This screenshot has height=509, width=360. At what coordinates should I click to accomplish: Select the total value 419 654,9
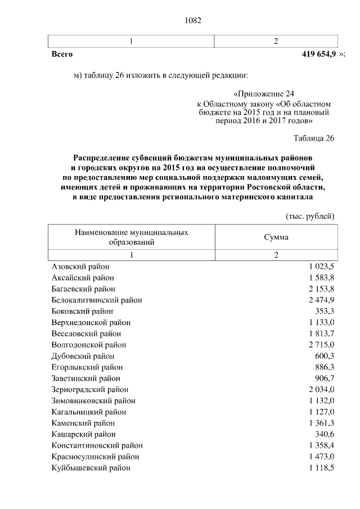pyautogui.click(x=319, y=55)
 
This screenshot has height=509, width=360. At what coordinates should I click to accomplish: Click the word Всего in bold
pyautogui.click(x=62, y=55)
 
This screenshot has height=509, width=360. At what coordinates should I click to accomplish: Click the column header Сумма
pyautogui.click(x=276, y=237)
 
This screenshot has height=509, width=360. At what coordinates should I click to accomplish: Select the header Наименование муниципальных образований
pyautogui.click(x=131, y=237)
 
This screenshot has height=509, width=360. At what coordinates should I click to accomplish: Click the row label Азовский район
pyautogui.click(x=80, y=267)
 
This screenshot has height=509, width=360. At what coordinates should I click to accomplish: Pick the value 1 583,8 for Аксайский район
pyautogui.click(x=321, y=278)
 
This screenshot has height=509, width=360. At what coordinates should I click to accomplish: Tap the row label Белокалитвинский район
pyautogui.click(x=96, y=300)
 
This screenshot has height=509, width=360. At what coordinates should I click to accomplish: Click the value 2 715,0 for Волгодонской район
pyautogui.click(x=321, y=345)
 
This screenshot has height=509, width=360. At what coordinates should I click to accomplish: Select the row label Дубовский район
pyautogui.click(x=83, y=356)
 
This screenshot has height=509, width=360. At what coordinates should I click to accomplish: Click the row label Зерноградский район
pyautogui.click(x=90, y=389)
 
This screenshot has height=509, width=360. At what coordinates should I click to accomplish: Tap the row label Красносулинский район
pyautogui.click(x=95, y=457)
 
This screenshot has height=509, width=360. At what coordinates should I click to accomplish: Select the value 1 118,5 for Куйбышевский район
pyautogui.click(x=321, y=468)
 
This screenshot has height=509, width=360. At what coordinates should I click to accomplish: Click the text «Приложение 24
pyautogui.click(x=263, y=95)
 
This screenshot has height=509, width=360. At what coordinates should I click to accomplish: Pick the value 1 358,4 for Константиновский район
pyautogui.click(x=321, y=445)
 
